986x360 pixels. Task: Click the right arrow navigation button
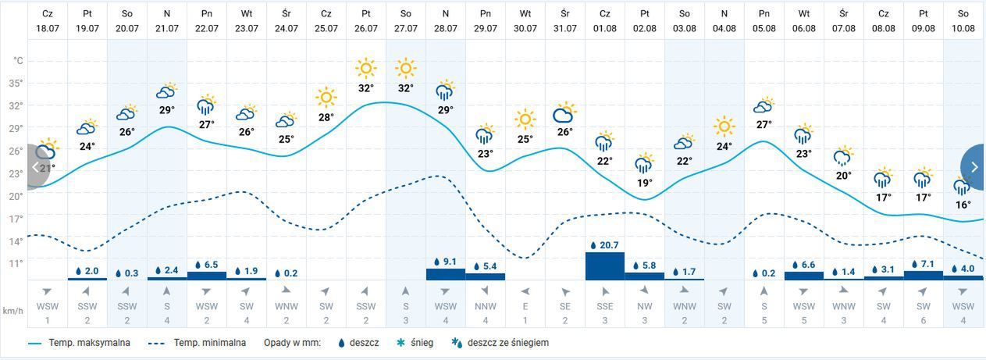pos(974,166)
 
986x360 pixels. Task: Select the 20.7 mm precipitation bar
pos(605,266)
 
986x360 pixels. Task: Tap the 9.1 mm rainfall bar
pos(445,274)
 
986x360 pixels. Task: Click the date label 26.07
pos(365,28)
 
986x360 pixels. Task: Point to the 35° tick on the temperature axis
pos(16,83)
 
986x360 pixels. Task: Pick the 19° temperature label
pos(645,183)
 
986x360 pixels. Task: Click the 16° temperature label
pos(963,205)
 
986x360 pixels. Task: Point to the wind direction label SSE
pos(605,307)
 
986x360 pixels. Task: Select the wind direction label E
pos(525,307)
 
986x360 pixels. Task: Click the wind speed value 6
pos(924,320)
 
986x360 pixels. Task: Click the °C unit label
pos(18,60)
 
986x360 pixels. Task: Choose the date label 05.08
pos(764,28)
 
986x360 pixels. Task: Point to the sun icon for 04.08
pos(724,126)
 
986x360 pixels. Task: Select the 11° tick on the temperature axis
pos(16,263)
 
